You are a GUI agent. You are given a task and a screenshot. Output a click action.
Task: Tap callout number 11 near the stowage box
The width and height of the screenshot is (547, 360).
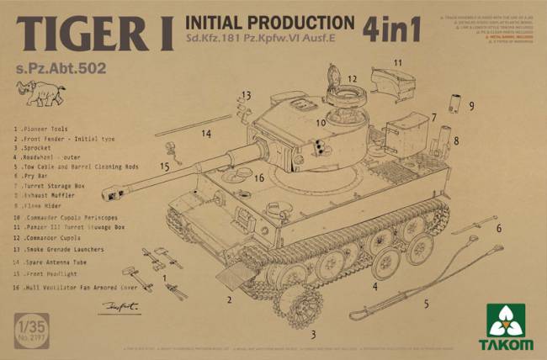point(397,63)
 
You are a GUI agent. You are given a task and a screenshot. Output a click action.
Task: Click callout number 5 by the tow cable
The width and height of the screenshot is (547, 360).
point(426,304)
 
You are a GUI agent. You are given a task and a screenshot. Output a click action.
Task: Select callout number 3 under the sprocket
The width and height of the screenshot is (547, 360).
point(313,334)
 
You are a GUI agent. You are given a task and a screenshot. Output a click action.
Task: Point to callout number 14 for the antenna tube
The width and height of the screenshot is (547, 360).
point(206,133)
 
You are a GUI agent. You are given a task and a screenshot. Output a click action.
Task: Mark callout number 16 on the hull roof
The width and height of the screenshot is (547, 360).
point(259,177)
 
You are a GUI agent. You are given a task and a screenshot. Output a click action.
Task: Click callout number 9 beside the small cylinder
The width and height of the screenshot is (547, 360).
point(472,106)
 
